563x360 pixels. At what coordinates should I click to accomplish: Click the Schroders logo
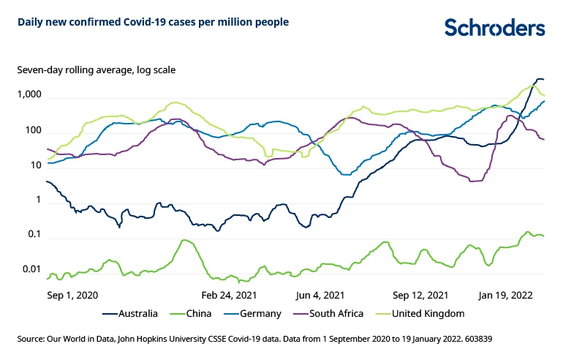click(x=495, y=28)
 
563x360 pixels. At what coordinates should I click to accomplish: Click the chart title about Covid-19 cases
click(x=153, y=22)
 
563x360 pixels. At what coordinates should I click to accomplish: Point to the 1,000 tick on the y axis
click(x=29, y=95)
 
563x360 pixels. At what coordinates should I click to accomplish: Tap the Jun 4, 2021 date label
click(x=320, y=295)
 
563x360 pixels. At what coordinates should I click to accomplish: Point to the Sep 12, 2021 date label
click(x=420, y=295)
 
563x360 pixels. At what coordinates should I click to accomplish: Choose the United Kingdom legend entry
click(x=424, y=314)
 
